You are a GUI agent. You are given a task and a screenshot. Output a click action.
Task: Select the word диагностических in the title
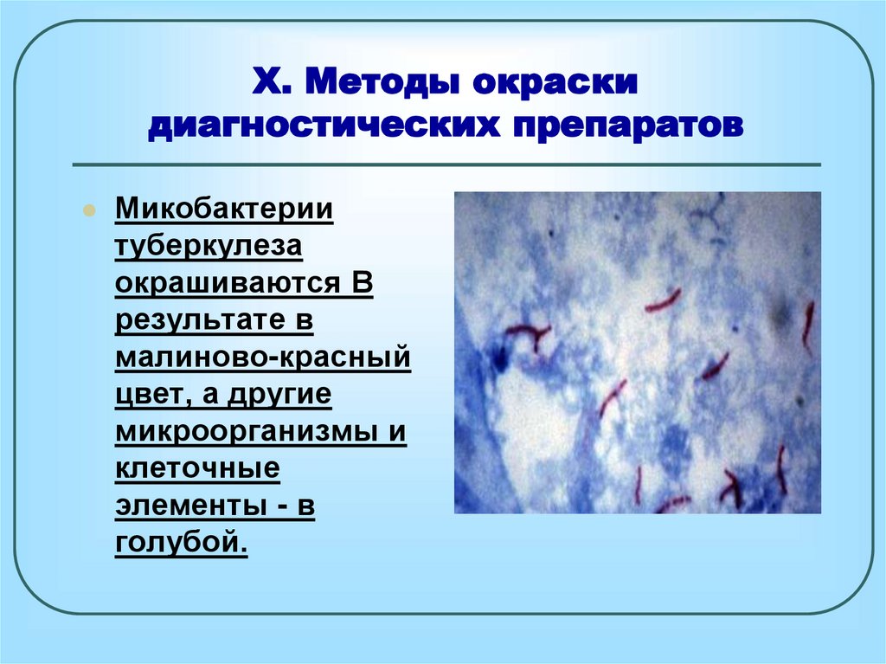tap(324, 126)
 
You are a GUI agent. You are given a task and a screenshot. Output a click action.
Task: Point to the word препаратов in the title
tap(629, 126)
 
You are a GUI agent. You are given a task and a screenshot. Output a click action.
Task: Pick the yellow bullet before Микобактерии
tap(89, 210)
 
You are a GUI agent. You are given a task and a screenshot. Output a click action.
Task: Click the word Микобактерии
tap(224, 208)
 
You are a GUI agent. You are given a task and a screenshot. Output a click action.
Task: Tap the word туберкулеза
tap(209, 247)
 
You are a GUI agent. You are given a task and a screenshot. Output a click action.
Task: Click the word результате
tap(201, 320)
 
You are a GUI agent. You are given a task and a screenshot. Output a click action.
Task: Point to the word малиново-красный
tap(263, 357)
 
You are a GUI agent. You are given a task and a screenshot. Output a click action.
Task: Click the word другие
tap(279, 395)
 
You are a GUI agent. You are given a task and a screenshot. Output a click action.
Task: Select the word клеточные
tap(198, 468)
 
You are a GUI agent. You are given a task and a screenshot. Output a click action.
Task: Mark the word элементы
tap(192, 505)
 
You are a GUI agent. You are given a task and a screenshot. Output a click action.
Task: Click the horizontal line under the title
tap(446, 165)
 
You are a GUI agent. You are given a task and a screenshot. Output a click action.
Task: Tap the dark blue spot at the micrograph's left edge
tap(499, 358)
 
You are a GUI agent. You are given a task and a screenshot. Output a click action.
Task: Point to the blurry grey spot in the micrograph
tap(781, 317)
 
